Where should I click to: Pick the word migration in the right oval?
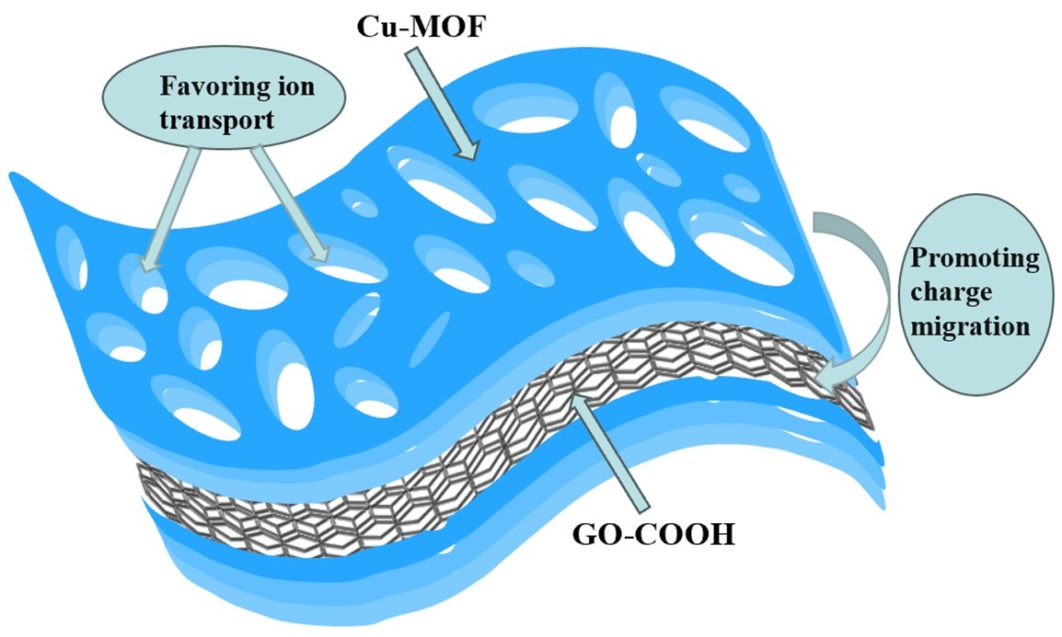975,326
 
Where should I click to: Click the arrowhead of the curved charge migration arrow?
830,378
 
